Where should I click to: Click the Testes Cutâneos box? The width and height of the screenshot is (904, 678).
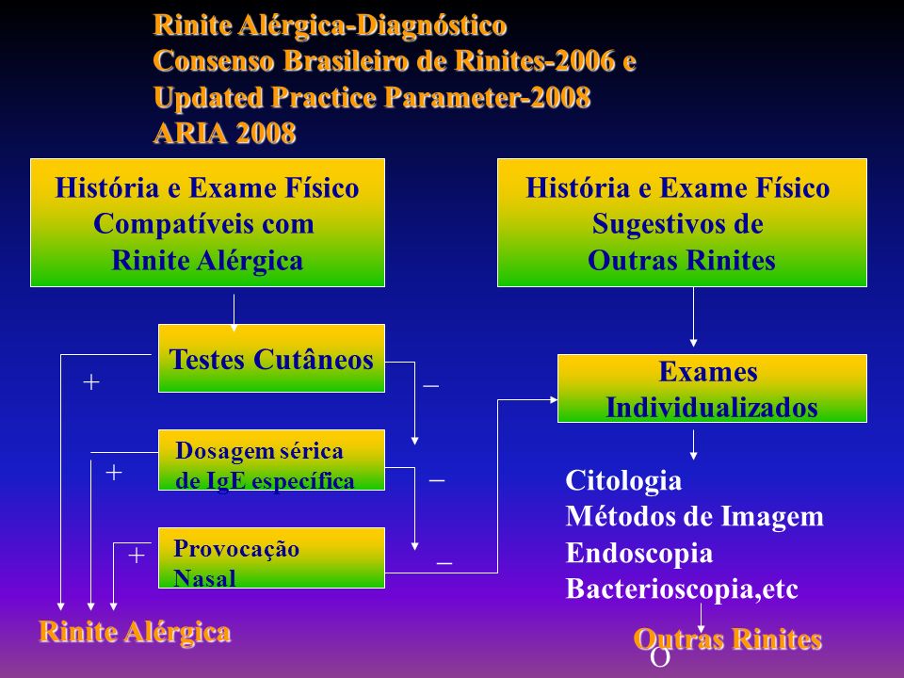point(271,358)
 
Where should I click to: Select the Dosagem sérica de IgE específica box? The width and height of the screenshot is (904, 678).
point(271,460)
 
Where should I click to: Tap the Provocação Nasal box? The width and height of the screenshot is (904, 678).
point(271,557)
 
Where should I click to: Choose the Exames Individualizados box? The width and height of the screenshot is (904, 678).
point(712,389)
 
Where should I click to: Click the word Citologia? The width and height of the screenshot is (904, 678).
point(623,481)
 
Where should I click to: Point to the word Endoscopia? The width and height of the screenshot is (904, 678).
point(639,553)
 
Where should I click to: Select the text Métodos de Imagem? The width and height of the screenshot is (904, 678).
point(695,517)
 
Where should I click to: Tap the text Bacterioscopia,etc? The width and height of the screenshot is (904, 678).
point(682,589)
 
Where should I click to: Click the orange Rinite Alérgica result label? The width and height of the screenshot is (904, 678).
point(135,632)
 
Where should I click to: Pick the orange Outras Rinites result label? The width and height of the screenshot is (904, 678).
point(728,639)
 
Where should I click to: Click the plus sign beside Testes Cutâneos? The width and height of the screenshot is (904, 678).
point(91,381)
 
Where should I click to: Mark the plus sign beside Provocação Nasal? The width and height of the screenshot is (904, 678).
point(136,556)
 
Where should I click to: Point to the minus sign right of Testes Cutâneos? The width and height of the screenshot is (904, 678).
point(430,385)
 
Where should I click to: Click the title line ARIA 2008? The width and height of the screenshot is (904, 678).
point(225,133)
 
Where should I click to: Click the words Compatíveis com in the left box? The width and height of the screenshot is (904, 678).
point(203,224)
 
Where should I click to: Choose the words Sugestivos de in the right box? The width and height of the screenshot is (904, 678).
point(677,224)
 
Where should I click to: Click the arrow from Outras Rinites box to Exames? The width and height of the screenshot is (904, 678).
point(693,317)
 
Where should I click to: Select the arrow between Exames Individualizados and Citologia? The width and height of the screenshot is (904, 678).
point(693,445)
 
